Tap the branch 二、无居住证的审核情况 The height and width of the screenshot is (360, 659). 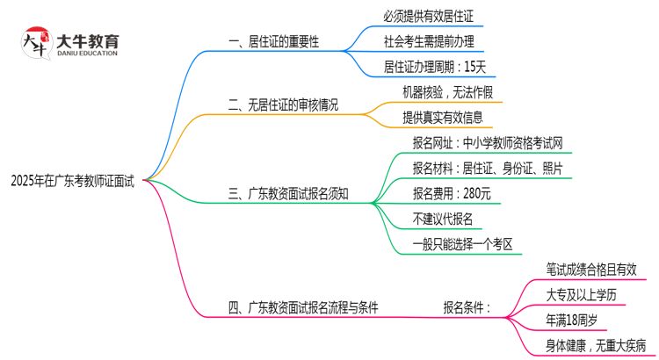[x=283, y=105]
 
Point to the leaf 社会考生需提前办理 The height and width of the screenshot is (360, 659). [x=434, y=41]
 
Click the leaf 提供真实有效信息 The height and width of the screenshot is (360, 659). [x=441, y=118]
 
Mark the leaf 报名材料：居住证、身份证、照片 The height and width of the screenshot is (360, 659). [x=488, y=169]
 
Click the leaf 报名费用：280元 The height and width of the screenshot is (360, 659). [x=452, y=194]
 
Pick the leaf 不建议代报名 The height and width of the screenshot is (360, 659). [x=443, y=219]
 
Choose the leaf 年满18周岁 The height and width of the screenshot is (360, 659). [x=577, y=320]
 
